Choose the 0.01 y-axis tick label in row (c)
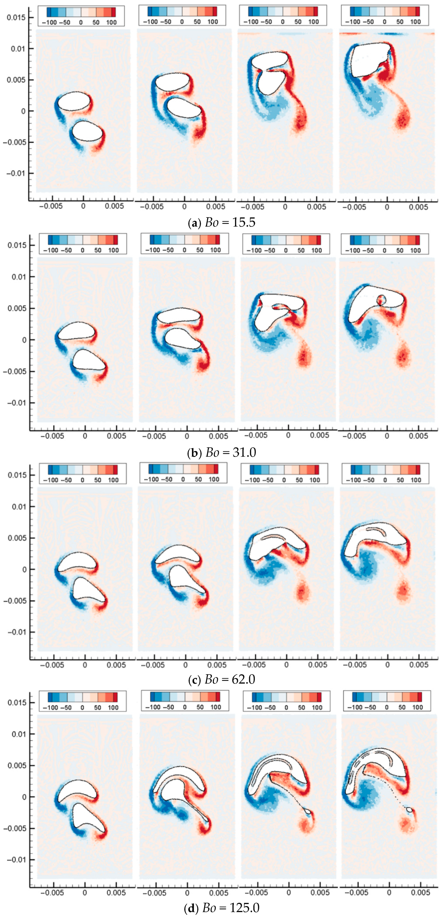coord(19,506)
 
